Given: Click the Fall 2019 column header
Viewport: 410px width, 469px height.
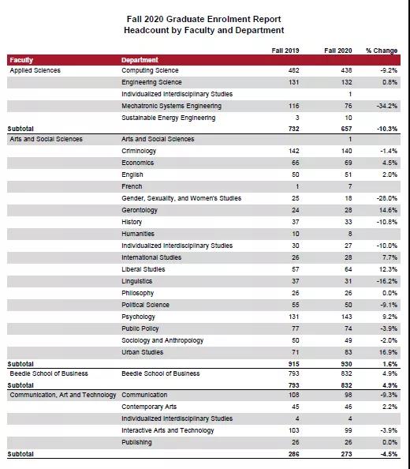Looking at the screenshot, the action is tap(285, 51).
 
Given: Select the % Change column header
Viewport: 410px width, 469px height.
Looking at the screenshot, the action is tap(382, 51).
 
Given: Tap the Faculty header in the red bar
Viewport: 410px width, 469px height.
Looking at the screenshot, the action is tap(21, 60).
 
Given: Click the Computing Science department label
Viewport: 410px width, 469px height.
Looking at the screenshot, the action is tap(150, 70).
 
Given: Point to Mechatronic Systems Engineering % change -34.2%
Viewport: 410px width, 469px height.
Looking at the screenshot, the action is tap(387, 106).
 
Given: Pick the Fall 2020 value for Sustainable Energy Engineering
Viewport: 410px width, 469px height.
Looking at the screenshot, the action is tap(348, 118).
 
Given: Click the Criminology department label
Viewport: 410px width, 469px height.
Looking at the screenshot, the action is tap(139, 151).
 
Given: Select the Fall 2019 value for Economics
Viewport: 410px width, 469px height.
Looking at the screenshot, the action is tap(296, 163).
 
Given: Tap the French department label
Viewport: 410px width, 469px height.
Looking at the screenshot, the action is tap(132, 186).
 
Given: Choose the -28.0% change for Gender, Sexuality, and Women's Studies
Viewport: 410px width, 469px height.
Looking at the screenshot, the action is tap(387, 198).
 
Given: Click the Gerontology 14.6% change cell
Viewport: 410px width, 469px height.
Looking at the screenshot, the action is tap(388, 210).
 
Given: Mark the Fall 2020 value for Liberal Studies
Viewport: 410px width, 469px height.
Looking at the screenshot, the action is tap(348, 269).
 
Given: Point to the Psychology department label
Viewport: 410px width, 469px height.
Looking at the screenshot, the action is tap(138, 317).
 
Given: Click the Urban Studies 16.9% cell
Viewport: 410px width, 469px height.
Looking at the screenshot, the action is tap(388, 352).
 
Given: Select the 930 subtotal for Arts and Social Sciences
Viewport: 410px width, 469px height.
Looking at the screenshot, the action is tap(346, 364).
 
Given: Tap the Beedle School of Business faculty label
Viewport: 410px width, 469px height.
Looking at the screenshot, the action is tap(49, 373).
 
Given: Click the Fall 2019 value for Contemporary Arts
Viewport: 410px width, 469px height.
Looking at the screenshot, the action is tap(296, 407).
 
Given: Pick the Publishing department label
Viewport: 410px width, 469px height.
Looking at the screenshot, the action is tap(136, 443).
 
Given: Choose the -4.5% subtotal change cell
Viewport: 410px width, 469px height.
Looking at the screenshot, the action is tap(389, 454).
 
